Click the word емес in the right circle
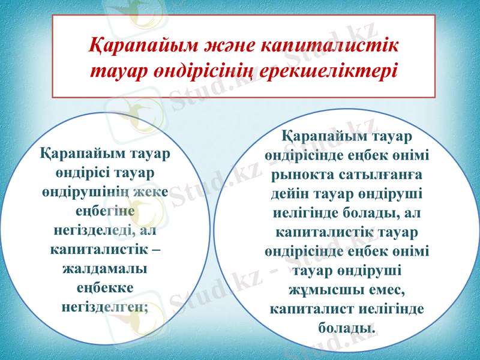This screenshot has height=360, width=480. (383, 290)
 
